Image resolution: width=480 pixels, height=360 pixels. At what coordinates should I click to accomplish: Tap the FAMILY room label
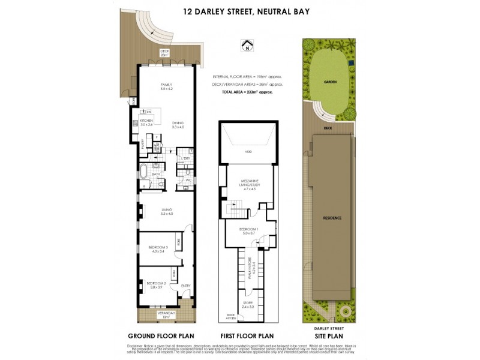(x=166, y=86)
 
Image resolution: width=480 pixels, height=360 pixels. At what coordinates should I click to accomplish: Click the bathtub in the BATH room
(x=144, y=174)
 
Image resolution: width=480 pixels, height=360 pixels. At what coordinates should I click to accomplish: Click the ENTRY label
(x=185, y=286)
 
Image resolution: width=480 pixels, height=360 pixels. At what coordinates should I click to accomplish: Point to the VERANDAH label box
(x=166, y=314)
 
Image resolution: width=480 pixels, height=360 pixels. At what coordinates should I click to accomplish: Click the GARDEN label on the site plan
(x=329, y=80)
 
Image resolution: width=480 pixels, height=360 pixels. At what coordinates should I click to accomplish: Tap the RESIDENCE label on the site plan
(x=332, y=218)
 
